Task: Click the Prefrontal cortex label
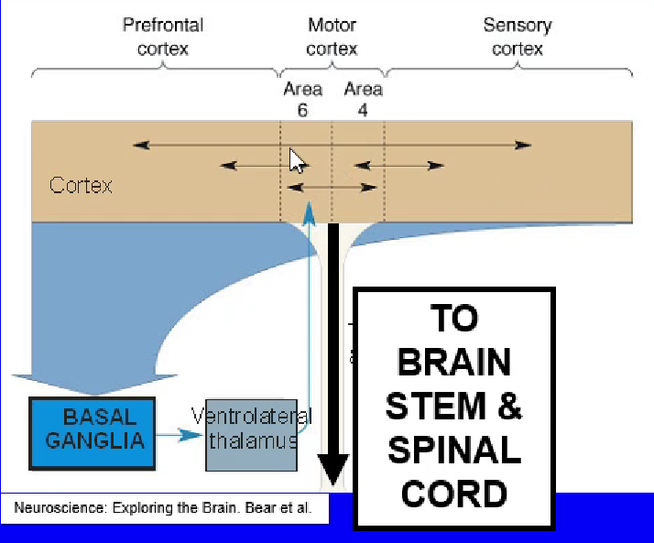click(162, 37)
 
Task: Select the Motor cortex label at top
click(332, 37)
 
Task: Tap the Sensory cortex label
click(518, 37)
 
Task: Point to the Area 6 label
click(302, 99)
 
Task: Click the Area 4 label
click(363, 99)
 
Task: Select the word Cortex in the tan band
click(81, 186)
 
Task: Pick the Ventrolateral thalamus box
click(251, 434)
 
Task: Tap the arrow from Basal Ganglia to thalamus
click(180, 435)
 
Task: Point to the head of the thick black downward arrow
click(333, 472)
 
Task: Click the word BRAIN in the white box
click(453, 363)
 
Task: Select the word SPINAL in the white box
click(453, 451)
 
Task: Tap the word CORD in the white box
click(453, 494)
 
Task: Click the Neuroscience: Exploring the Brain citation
click(164, 506)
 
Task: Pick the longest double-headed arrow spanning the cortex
click(332, 145)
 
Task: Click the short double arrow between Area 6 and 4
click(332, 188)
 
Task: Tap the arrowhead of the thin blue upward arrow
click(310, 211)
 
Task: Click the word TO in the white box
click(453, 319)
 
